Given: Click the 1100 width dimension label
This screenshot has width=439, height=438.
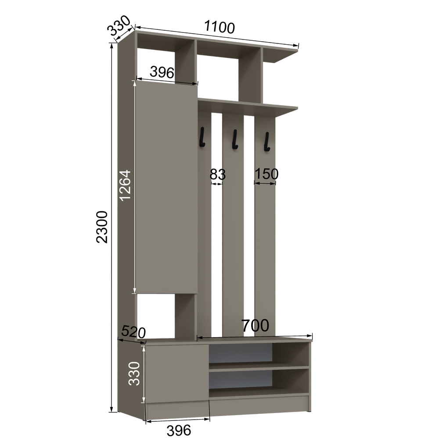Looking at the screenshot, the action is [219, 27].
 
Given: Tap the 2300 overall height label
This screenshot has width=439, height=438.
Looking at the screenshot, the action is [102, 227].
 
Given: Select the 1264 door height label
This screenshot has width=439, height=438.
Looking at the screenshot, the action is [125, 185].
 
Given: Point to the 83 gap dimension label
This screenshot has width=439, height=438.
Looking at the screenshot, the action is [218, 174].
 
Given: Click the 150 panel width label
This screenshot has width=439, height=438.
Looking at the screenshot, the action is [266, 174].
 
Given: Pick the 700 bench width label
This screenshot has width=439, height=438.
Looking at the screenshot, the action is [255, 325].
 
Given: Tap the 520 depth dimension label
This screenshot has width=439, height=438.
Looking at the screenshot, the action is [134, 332].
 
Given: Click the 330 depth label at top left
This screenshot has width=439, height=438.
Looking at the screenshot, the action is [119, 25].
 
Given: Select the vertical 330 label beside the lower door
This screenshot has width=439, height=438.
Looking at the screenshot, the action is [134, 374].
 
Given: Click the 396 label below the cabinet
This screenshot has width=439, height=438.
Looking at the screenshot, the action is [179, 430].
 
